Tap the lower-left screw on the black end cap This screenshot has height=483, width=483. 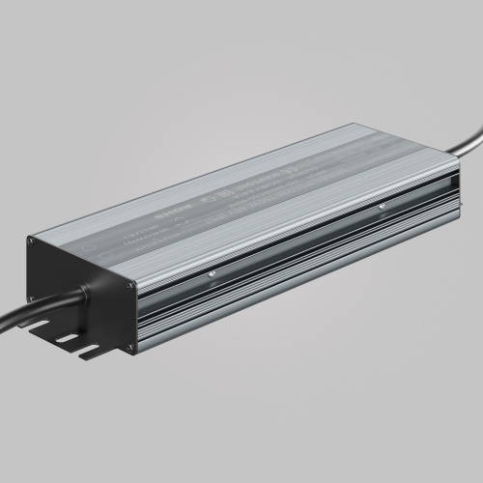(x=43, y=300)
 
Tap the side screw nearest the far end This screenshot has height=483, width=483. (x=383, y=204)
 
